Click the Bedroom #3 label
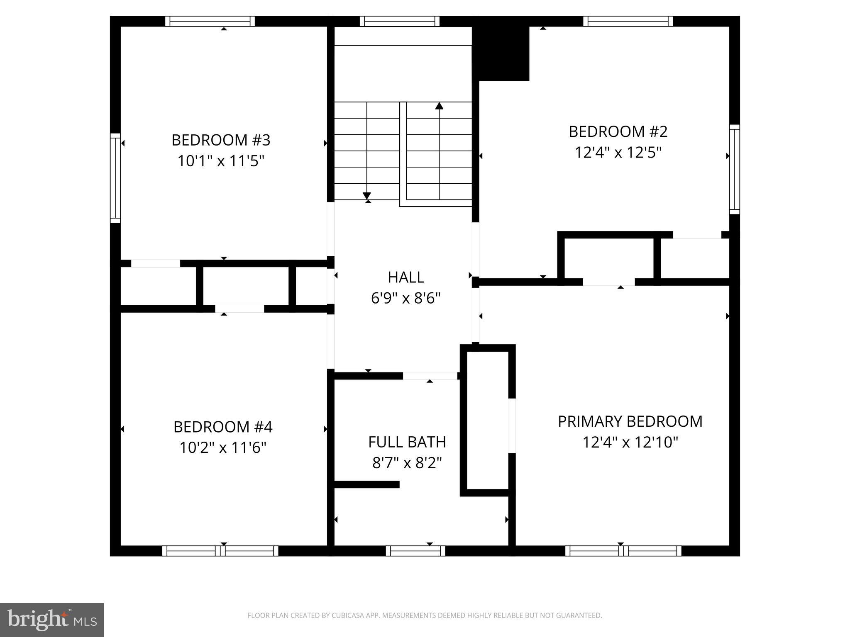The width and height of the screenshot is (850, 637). [221, 140]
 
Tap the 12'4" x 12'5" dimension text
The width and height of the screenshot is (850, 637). [618, 153]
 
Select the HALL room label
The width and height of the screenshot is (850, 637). [405, 277]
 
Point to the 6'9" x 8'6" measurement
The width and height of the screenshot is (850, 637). [405, 298]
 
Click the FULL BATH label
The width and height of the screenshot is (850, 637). [407, 442]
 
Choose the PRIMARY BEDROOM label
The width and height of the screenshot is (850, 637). [630, 421]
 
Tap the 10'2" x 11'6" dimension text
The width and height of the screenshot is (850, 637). [222, 448]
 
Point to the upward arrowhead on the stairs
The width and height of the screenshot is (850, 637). [439, 106]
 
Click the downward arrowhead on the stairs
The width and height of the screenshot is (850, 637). [366, 196]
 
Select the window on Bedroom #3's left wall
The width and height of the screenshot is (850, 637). [115, 178]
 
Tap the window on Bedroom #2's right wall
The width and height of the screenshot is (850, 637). [734, 169]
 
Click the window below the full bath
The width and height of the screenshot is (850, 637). [415, 551]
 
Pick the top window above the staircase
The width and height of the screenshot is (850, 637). [399, 21]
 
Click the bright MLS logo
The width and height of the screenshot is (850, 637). [52, 620]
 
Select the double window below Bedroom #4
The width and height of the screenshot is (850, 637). [220, 551]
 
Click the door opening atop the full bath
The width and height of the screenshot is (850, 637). [430, 376]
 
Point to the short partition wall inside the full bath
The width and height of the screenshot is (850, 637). [366, 484]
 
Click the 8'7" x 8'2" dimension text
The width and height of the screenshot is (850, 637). [407, 463]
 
